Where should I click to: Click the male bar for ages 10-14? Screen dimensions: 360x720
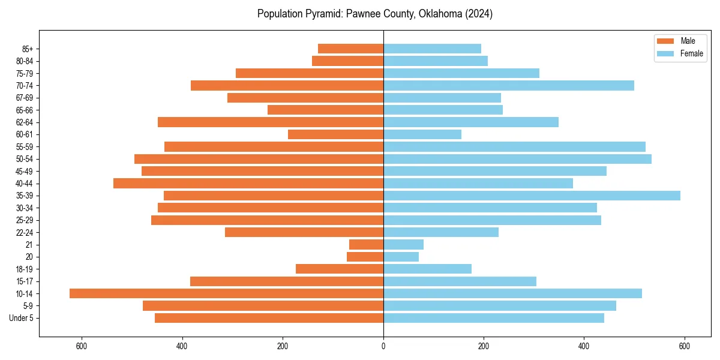click(x=226, y=293)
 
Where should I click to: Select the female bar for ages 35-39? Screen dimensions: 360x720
click(x=532, y=196)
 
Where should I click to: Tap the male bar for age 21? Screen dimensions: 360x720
click(x=366, y=244)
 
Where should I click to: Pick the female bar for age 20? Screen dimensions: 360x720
click(x=401, y=257)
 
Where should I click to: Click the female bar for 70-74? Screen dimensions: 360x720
click(x=509, y=85)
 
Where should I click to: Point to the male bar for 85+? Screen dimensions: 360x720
click(x=350, y=49)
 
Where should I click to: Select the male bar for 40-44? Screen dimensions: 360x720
click(x=248, y=183)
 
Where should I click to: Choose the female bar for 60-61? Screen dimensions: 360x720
click(x=422, y=134)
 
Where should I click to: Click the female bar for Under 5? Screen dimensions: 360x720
click(x=494, y=318)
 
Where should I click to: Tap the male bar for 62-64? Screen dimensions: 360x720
click(x=271, y=122)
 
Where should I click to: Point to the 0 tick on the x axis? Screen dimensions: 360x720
click(x=383, y=346)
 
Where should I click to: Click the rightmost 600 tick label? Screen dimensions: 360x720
click(x=685, y=346)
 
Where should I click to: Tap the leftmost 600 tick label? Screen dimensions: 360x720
click(x=82, y=346)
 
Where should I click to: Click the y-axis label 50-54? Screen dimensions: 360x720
click(x=25, y=159)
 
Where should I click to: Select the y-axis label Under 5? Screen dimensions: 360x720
click(x=22, y=318)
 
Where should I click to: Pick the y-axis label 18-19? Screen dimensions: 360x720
click(x=25, y=269)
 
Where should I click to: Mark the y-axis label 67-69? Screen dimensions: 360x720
click(x=25, y=98)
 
